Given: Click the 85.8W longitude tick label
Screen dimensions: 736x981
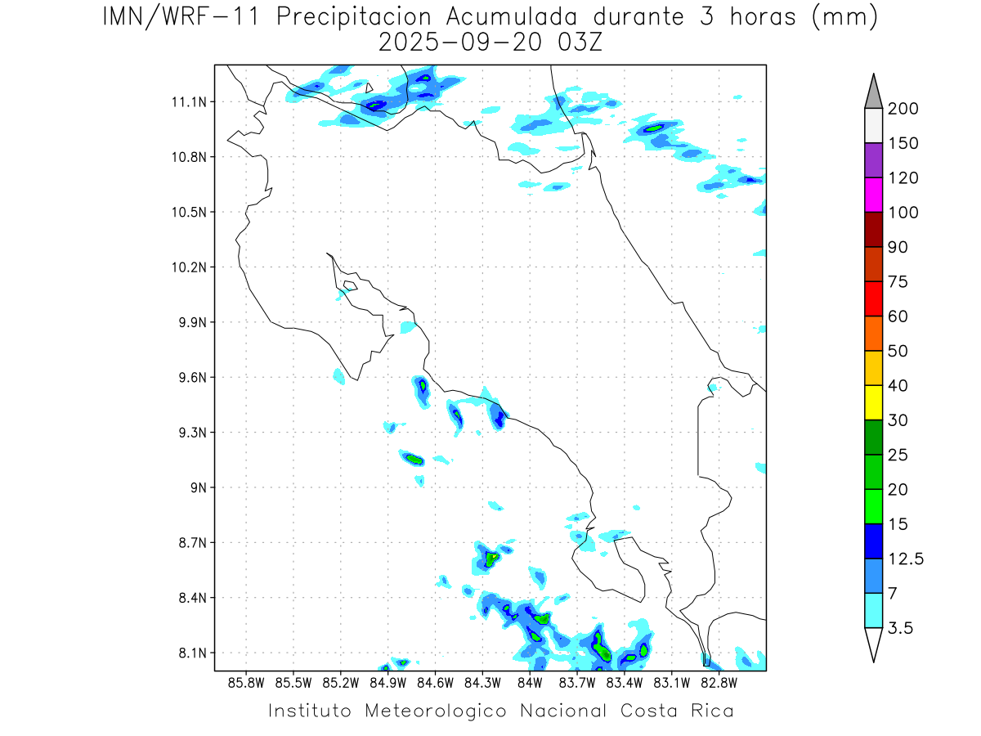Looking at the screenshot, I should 246,682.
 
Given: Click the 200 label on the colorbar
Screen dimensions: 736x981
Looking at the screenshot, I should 903,109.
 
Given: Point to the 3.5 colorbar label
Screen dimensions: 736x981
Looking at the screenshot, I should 899,628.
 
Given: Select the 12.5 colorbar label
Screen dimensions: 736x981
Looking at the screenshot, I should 904,559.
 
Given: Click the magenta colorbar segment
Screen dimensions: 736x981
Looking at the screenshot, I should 872,195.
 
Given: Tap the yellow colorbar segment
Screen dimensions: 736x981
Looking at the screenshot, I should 872,402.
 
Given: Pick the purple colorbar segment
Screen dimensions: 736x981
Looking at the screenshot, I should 872,160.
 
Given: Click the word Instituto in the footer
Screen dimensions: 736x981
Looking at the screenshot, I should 310,711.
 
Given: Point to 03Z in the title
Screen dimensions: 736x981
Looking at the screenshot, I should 578,43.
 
